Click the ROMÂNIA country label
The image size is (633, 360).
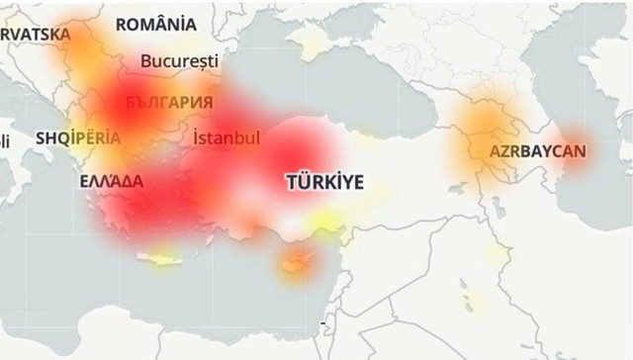pyautogui.click(x=155, y=24)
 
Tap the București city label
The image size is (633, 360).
pyautogui.click(x=179, y=60)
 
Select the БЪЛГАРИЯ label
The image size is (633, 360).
pyautogui.click(x=169, y=102)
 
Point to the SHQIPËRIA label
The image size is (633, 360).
pyautogui.click(x=78, y=138)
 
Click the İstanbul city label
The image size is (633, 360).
pyautogui.click(x=226, y=137)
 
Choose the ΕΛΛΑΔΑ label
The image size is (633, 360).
pyautogui.click(x=112, y=182)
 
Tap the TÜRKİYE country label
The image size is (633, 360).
pyautogui.click(x=324, y=182)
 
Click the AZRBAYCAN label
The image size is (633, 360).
pyautogui.click(x=537, y=152)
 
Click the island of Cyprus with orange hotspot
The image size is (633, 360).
pyautogui.click(x=295, y=263)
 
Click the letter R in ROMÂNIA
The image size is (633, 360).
pyautogui.click(x=123, y=24)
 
